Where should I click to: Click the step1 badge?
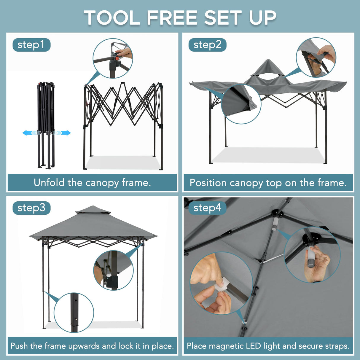point(31,45)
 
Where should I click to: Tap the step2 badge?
point(207,45)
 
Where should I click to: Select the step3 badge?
point(31,208)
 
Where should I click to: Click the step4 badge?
point(207,208)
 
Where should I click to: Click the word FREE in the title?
point(172,18)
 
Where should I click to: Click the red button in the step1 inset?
point(117,58)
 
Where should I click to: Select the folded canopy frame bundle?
point(46,125)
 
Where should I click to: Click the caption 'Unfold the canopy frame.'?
point(92,183)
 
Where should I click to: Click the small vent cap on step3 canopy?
point(93,210)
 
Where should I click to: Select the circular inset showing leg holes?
point(74,313)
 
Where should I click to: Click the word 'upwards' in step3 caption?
point(84,346)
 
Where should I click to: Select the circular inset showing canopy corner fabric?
point(241,103)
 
